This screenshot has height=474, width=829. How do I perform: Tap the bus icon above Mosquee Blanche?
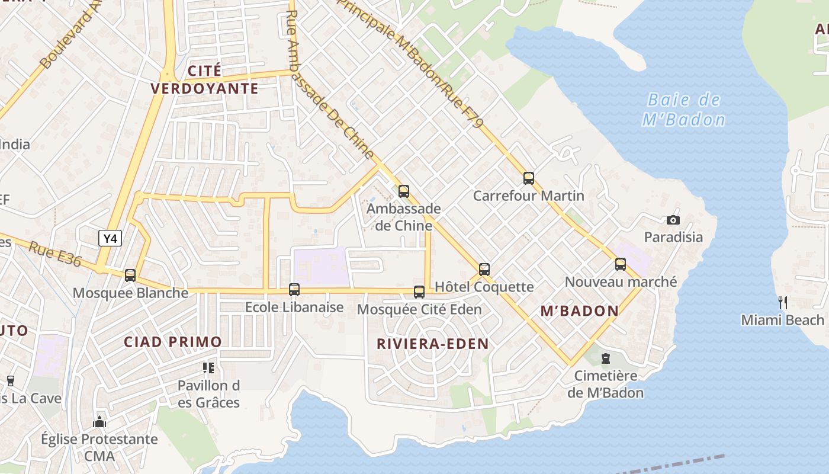coord(130,276)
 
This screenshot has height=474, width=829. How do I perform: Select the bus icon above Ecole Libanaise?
coord(294,290)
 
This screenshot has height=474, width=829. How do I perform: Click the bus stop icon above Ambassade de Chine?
coord(404,191)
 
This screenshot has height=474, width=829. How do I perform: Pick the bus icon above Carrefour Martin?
coord(529,178)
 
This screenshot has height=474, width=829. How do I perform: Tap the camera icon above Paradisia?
coord(673,220)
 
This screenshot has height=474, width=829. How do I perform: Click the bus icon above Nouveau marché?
coord(621,264)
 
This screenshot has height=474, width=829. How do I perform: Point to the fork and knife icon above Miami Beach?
coord(782,303)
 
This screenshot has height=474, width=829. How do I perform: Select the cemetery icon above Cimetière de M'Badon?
coord(606,358)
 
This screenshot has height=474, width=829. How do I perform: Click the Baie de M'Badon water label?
coord(684,110)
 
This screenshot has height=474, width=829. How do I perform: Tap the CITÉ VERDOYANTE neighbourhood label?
coord(204,80)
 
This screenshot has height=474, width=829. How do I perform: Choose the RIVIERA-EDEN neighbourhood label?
coord(433,344)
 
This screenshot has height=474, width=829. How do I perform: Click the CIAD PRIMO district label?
coord(173,342)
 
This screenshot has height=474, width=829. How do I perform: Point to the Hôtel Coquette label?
coord(484,287)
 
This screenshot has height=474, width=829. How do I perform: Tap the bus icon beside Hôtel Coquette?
coord(484,270)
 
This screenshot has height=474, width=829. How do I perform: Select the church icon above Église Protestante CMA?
coord(99,422)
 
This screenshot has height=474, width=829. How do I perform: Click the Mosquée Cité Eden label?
coord(419,309)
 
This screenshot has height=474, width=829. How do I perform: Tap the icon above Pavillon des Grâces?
coord(208,368)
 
